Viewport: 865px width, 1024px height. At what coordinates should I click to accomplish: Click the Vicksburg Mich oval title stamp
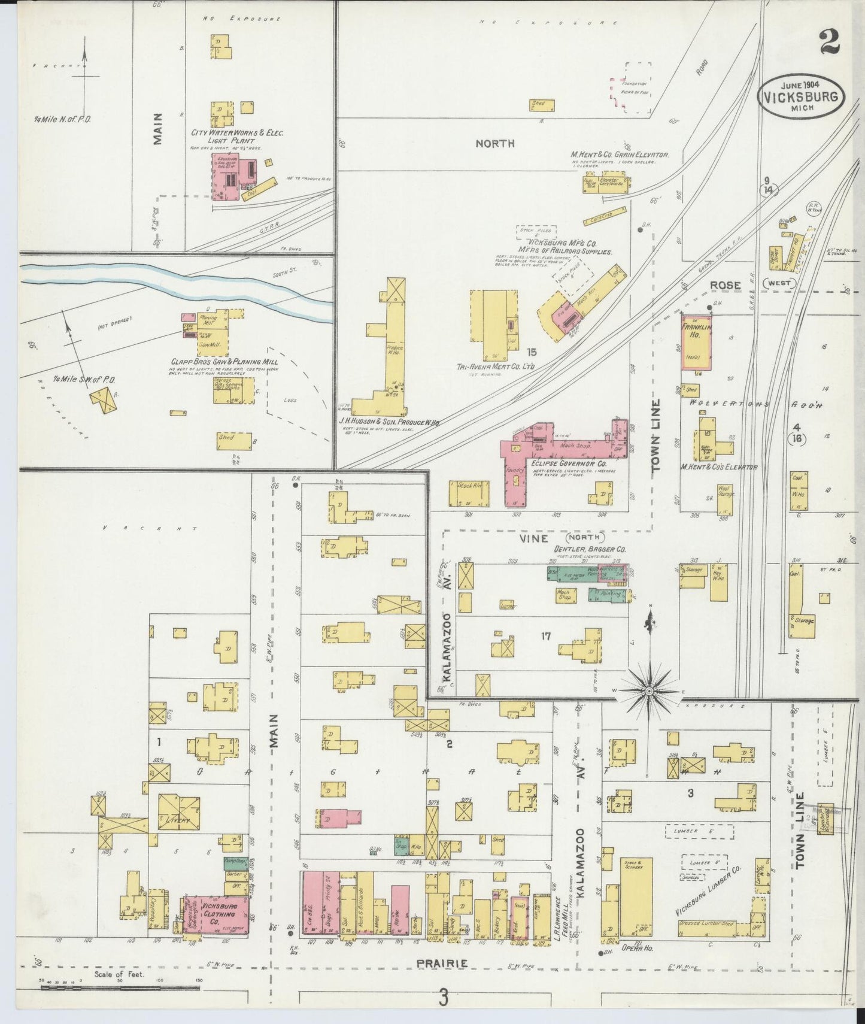802,96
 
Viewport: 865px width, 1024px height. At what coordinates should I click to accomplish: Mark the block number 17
545,636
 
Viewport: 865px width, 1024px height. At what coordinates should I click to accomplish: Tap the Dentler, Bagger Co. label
583,548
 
